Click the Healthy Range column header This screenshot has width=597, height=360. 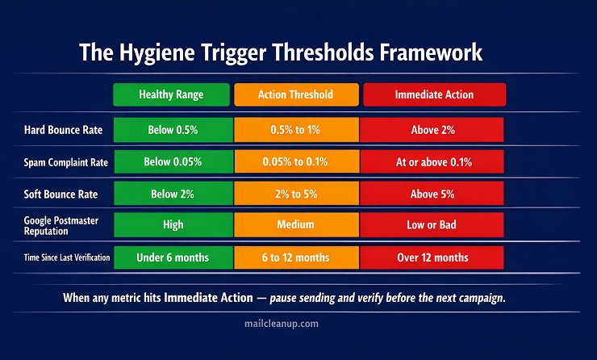(x=171, y=94)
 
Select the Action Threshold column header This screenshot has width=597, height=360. (x=296, y=94)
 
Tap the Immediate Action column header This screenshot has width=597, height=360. (x=434, y=94)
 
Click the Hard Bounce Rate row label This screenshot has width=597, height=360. (x=63, y=130)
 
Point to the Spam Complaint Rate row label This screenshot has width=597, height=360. (x=66, y=163)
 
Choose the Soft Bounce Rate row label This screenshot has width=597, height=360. (x=61, y=195)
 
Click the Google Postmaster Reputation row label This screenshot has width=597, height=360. (x=61, y=225)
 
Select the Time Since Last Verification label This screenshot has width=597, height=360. (x=67, y=257)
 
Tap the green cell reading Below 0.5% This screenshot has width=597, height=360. (x=173, y=130)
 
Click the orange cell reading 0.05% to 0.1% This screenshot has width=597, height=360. (x=297, y=162)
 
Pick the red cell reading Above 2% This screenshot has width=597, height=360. (x=432, y=130)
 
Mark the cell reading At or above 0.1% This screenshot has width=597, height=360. (x=432, y=162)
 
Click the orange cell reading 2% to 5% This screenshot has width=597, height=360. (x=297, y=194)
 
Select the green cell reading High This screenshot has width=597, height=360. (x=173, y=224)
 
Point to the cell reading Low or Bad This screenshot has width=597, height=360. (x=432, y=224)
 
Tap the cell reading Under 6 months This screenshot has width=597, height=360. (x=173, y=257)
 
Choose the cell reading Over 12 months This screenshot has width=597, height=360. (x=432, y=257)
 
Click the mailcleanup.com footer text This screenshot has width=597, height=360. (x=282, y=324)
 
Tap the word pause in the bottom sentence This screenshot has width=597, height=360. (x=283, y=298)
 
